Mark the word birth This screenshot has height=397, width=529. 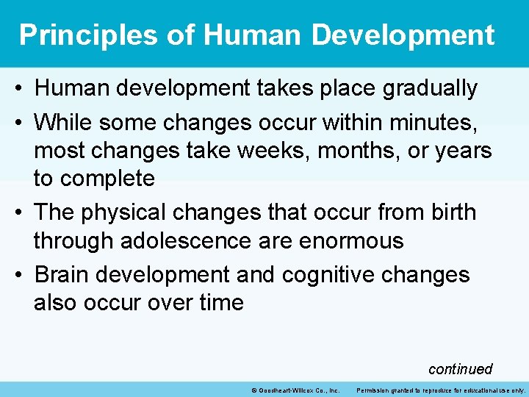pos(449,212)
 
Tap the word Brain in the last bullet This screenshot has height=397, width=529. pos(62,274)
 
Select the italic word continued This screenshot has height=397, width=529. pos(460,369)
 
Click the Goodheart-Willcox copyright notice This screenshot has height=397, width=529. pos(295,390)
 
